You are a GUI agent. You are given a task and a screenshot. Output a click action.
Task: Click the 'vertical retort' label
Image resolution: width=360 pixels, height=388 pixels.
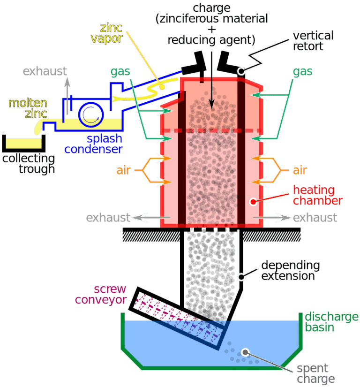(x=313, y=41)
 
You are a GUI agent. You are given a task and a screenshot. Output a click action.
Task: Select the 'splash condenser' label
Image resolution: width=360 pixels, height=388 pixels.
(x=94, y=144)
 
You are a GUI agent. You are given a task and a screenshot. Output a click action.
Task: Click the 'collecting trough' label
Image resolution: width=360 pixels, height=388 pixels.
(x=28, y=163)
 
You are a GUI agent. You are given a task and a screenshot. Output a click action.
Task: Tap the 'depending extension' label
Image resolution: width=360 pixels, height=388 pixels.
(x=290, y=271)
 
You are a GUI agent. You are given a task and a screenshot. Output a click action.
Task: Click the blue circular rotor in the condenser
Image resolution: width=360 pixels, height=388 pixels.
(x=88, y=114)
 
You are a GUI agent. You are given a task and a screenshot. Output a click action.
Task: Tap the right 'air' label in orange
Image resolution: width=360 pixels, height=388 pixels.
(x=300, y=170)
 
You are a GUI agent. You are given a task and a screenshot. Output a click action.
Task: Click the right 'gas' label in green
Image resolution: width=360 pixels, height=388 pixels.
(x=303, y=72)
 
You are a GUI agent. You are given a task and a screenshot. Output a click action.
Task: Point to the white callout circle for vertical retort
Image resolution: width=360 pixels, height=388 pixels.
(x=242, y=71)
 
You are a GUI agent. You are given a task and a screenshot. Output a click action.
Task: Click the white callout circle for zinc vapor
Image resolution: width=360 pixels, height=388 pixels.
(x=162, y=87)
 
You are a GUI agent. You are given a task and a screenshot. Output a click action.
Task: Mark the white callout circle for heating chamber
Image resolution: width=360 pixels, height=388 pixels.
(x=253, y=202)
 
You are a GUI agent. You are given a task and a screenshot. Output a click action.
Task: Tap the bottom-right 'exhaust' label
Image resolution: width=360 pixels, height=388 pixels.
(x=315, y=218)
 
